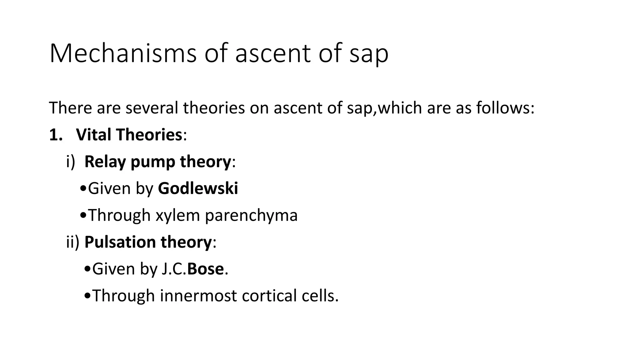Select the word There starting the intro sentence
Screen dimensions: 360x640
[70, 108]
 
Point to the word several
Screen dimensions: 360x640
[152, 108]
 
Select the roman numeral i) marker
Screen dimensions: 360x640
[71, 162]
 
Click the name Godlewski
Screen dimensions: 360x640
[198, 188]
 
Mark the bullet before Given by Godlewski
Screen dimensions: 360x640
[83, 189]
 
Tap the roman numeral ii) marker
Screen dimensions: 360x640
[73, 242]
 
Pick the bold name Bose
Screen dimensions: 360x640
[205, 269]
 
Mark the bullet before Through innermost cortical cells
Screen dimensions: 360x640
[87, 296]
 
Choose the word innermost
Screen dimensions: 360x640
[198, 296]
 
